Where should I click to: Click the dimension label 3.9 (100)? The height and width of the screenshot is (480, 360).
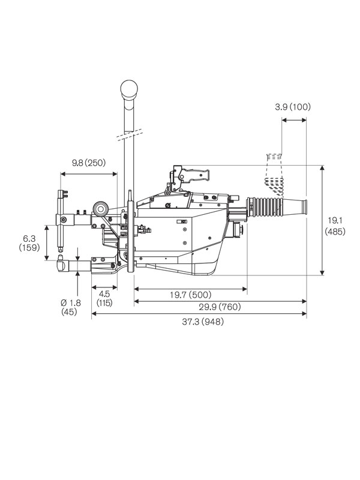(293, 107)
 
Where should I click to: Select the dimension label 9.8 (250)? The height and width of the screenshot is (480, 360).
(89, 163)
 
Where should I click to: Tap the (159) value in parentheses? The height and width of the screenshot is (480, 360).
(29, 247)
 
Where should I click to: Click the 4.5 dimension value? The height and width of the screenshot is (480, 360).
(104, 294)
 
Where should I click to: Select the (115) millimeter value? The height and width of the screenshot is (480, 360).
(104, 304)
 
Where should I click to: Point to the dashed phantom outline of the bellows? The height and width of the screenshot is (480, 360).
(273, 174)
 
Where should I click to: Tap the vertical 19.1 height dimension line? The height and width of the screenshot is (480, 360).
(323, 220)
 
